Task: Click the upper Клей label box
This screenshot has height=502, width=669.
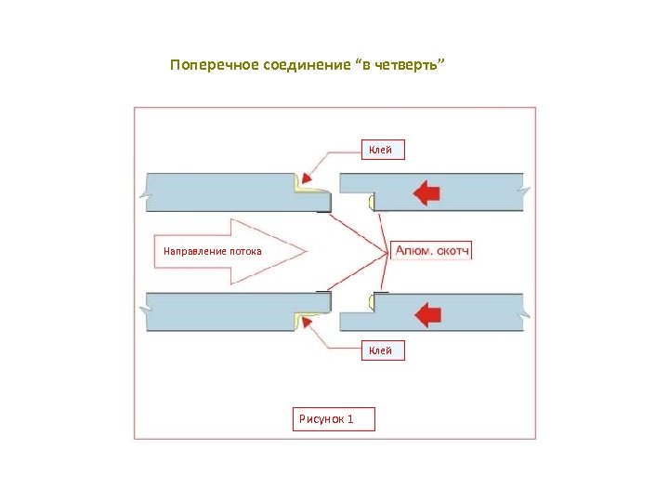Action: pos(381,150)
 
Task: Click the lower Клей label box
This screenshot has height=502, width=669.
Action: pos(381,350)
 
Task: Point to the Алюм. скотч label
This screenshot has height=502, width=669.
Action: pos(432,251)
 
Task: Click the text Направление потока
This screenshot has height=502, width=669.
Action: pos(213,251)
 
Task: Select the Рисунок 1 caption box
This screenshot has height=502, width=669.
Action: pos(334,419)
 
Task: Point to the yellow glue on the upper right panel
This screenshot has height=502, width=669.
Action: pos(371,201)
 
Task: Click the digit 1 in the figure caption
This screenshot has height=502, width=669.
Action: pos(349,419)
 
